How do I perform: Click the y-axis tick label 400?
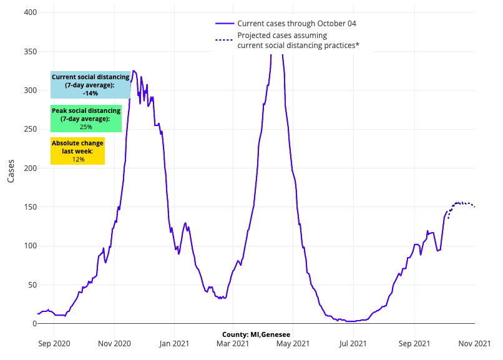click(29, 13)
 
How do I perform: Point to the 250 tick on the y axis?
click(29, 130)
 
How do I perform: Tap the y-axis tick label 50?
click(31, 285)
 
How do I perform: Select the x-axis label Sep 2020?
click(54, 343)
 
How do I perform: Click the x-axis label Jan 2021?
click(173, 343)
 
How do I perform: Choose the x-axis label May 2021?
click(293, 343)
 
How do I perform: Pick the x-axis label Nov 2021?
click(475, 343)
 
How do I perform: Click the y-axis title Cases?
click(11, 168)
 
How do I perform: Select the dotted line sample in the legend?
click(224, 40)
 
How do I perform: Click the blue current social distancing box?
click(90, 85)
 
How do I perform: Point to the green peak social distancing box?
click(86, 119)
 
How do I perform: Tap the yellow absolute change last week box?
click(77, 151)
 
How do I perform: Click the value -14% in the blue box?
click(90, 93)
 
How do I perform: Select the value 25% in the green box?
click(86, 127)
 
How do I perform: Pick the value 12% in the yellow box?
click(78, 160)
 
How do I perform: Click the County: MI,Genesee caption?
click(251, 334)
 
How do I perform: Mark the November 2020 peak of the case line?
click(134, 71)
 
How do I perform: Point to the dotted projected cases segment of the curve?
click(462, 203)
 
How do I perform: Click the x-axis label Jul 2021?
click(353, 343)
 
